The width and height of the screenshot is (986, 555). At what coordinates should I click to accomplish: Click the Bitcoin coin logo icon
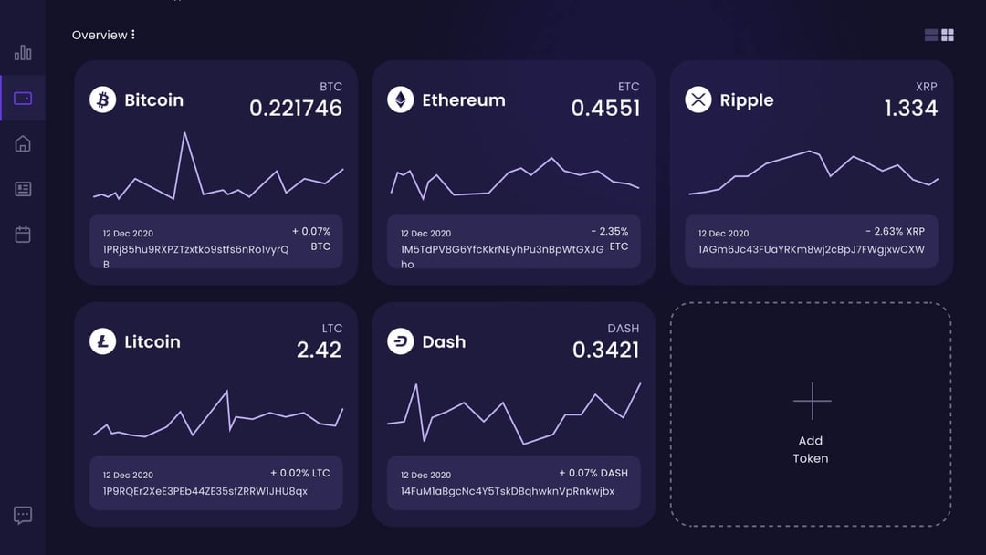point(102,99)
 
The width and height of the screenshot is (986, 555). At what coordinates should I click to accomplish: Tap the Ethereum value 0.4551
point(605,108)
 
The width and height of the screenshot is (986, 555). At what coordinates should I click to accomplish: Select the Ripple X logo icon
point(698,99)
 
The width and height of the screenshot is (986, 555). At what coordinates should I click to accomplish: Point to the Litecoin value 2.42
point(319,350)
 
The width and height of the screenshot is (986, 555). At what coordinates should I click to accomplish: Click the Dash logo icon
point(400,341)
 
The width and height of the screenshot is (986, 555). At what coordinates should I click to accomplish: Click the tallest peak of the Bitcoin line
point(184,133)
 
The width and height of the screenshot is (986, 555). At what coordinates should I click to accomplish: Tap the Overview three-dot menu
point(133,35)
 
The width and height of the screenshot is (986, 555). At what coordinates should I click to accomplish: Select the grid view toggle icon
point(948,35)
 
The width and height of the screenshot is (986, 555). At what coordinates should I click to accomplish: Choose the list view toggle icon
point(931,35)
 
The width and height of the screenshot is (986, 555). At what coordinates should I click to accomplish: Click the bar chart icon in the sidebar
point(23,53)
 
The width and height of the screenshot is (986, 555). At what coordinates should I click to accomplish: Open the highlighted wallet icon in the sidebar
point(23,99)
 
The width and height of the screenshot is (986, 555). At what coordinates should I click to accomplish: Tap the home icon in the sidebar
point(23,144)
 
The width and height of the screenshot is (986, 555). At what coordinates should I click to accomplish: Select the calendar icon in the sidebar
point(23,235)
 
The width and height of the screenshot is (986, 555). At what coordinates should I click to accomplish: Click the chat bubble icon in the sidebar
point(23,515)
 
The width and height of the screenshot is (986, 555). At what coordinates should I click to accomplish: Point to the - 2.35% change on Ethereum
point(609,232)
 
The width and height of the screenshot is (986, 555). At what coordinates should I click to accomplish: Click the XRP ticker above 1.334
point(926,87)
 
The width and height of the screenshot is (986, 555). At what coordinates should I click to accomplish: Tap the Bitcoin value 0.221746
point(295,108)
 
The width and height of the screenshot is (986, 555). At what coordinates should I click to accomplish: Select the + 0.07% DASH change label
point(593,473)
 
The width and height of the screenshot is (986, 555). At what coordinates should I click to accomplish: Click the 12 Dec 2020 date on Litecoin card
point(128,475)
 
